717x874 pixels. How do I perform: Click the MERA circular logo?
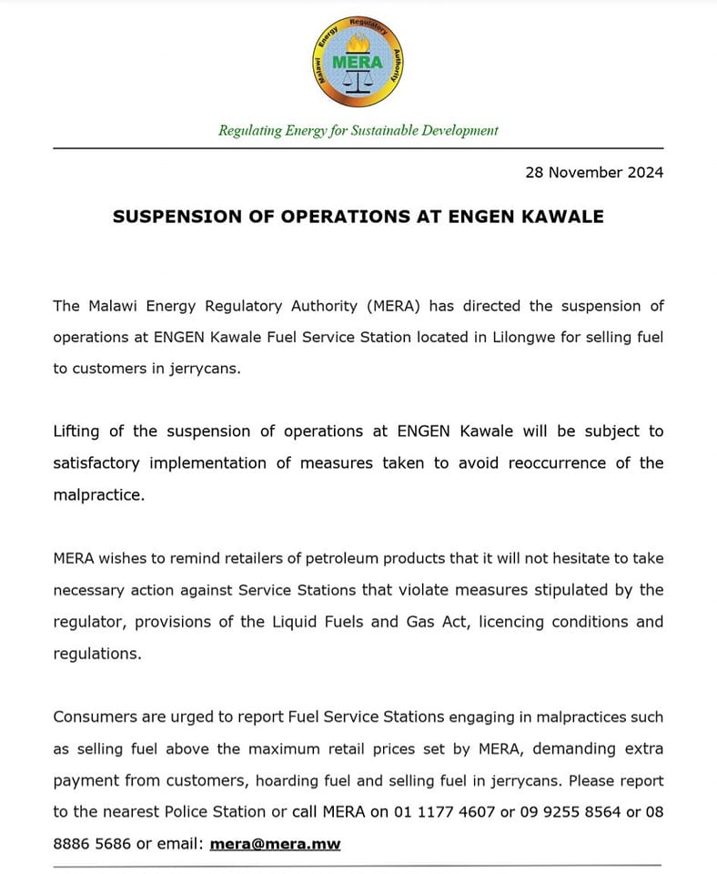point(358,62)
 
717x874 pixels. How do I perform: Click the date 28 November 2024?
point(594,172)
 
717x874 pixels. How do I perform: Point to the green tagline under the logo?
point(358,130)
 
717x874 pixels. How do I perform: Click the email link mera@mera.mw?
point(275,844)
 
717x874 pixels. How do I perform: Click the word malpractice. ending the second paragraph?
point(98,494)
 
